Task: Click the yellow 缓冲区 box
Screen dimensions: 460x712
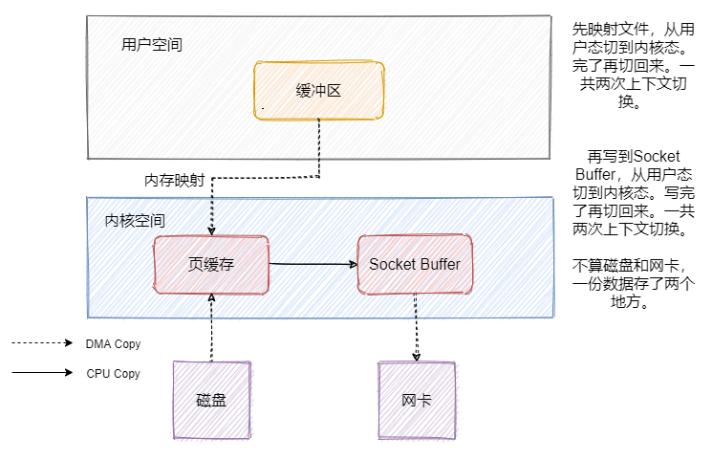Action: (319, 91)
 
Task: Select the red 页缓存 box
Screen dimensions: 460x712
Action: (211, 264)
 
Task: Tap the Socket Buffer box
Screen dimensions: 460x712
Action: (414, 264)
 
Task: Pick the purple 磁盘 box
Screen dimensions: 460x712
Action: (211, 400)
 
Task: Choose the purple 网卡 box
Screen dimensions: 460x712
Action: (417, 400)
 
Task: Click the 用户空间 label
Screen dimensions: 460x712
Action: (152, 45)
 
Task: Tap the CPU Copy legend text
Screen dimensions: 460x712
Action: (113, 374)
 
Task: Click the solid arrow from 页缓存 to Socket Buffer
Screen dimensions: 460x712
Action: (312, 263)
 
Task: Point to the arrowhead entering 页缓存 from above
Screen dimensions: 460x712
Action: (211, 230)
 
